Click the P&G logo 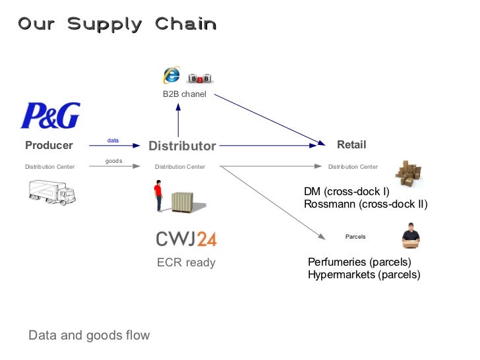[50, 115]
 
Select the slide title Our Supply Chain [117, 24]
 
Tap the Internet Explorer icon [172, 75]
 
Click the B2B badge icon [199, 78]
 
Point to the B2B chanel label [185, 94]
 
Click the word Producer [49, 145]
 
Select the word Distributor [182, 146]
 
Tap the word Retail [351, 144]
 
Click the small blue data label [113, 140]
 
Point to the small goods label [113, 161]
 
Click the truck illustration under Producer [52, 191]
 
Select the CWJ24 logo [186, 239]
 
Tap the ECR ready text [186, 262]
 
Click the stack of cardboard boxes [407, 174]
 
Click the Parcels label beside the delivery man [355, 236]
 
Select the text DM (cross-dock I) [346, 192]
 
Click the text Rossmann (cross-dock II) [365, 204]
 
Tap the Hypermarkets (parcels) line [364, 275]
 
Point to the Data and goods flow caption [89, 336]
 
